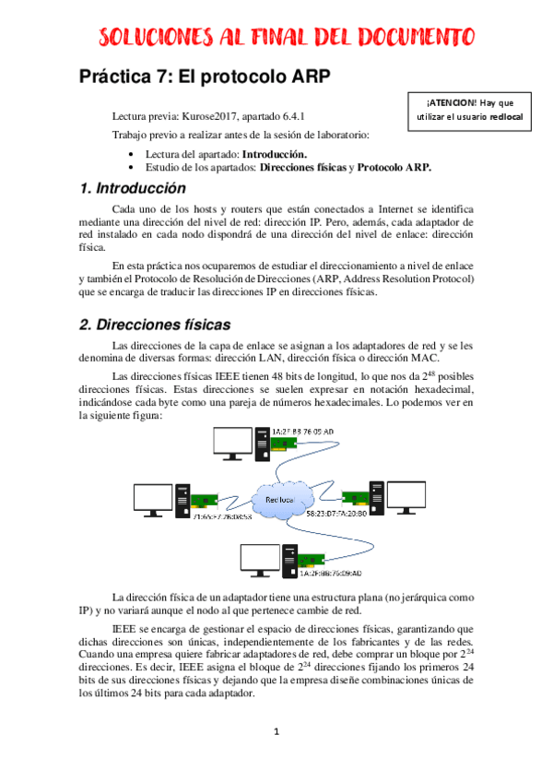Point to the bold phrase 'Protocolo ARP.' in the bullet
pyautogui.click(x=394, y=168)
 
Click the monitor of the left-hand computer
pyautogui.click(x=153, y=499)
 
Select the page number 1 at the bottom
pyautogui.click(x=276, y=732)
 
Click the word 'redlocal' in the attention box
pyautogui.click(x=503, y=118)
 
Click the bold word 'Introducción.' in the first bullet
pyautogui.click(x=275, y=154)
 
